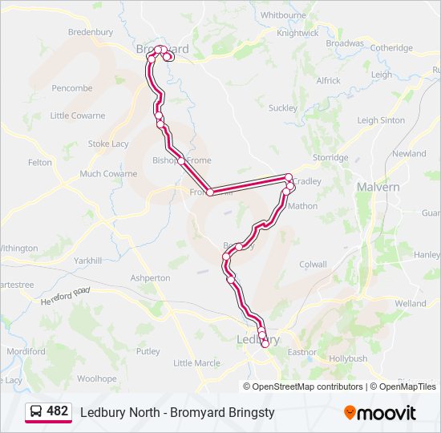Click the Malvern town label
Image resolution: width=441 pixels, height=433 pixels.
click(x=378, y=187)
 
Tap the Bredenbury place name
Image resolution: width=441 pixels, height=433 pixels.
click(x=91, y=32)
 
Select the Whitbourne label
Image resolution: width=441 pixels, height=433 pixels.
click(x=284, y=15)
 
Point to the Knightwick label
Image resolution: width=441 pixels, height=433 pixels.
click(x=297, y=34)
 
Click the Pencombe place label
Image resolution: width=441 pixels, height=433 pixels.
click(x=72, y=88)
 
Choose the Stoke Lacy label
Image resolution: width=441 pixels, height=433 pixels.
click(x=108, y=144)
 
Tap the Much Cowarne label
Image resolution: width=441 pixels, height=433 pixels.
click(x=108, y=173)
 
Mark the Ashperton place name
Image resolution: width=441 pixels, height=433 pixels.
click(x=150, y=278)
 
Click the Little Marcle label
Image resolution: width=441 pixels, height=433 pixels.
click(x=196, y=363)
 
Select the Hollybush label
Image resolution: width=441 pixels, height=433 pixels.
click(x=347, y=358)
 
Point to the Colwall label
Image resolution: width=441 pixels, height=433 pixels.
click(x=313, y=264)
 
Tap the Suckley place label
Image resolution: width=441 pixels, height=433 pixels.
click(x=283, y=108)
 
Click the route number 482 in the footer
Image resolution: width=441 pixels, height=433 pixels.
click(x=58, y=411)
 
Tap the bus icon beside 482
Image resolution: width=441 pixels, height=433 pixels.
click(x=37, y=412)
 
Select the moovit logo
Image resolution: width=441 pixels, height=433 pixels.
click(x=380, y=413)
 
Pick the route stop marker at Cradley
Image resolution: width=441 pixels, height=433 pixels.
click(x=289, y=177)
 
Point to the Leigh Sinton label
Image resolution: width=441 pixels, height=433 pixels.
click(x=381, y=120)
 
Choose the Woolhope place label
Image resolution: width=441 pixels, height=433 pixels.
click(x=97, y=378)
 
